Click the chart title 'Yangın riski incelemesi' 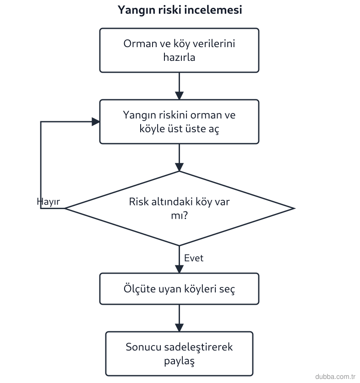[180, 10]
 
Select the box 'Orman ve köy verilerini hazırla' [179, 50]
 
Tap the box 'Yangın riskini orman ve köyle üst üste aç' [179, 122]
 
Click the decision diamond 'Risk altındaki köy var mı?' [180, 208]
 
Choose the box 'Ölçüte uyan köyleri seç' [179, 289]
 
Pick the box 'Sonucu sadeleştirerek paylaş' [179, 353]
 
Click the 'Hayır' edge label [48, 202]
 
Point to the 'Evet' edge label [194, 258]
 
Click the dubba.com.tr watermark [335, 377]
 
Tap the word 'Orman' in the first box [140, 44]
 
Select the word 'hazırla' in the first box [179, 57]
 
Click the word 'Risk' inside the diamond [139, 202]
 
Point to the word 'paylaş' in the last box [179, 361]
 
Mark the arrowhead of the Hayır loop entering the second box [96, 122]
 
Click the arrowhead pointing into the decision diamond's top [179, 167]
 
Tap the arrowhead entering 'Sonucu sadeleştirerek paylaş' [179, 328]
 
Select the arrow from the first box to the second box [179, 86]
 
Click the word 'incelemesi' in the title [213, 10]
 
